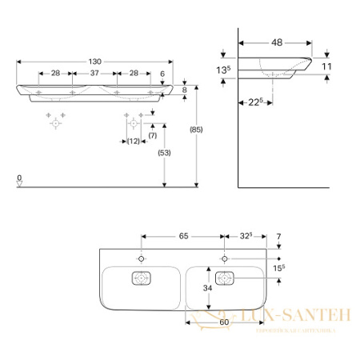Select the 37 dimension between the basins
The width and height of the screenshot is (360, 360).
[x=94, y=73]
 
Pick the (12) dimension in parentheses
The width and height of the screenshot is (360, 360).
[x=133, y=141]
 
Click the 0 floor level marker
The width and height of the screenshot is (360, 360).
[x=19, y=177]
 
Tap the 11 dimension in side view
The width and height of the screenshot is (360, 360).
[x=326, y=65]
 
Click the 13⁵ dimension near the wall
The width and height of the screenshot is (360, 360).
[x=224, y=70]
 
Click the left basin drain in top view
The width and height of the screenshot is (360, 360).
[x=142, y=279]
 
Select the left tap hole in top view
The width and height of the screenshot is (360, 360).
[x=142, y=259]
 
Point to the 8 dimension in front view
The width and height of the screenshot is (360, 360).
[x=184, y=90]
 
